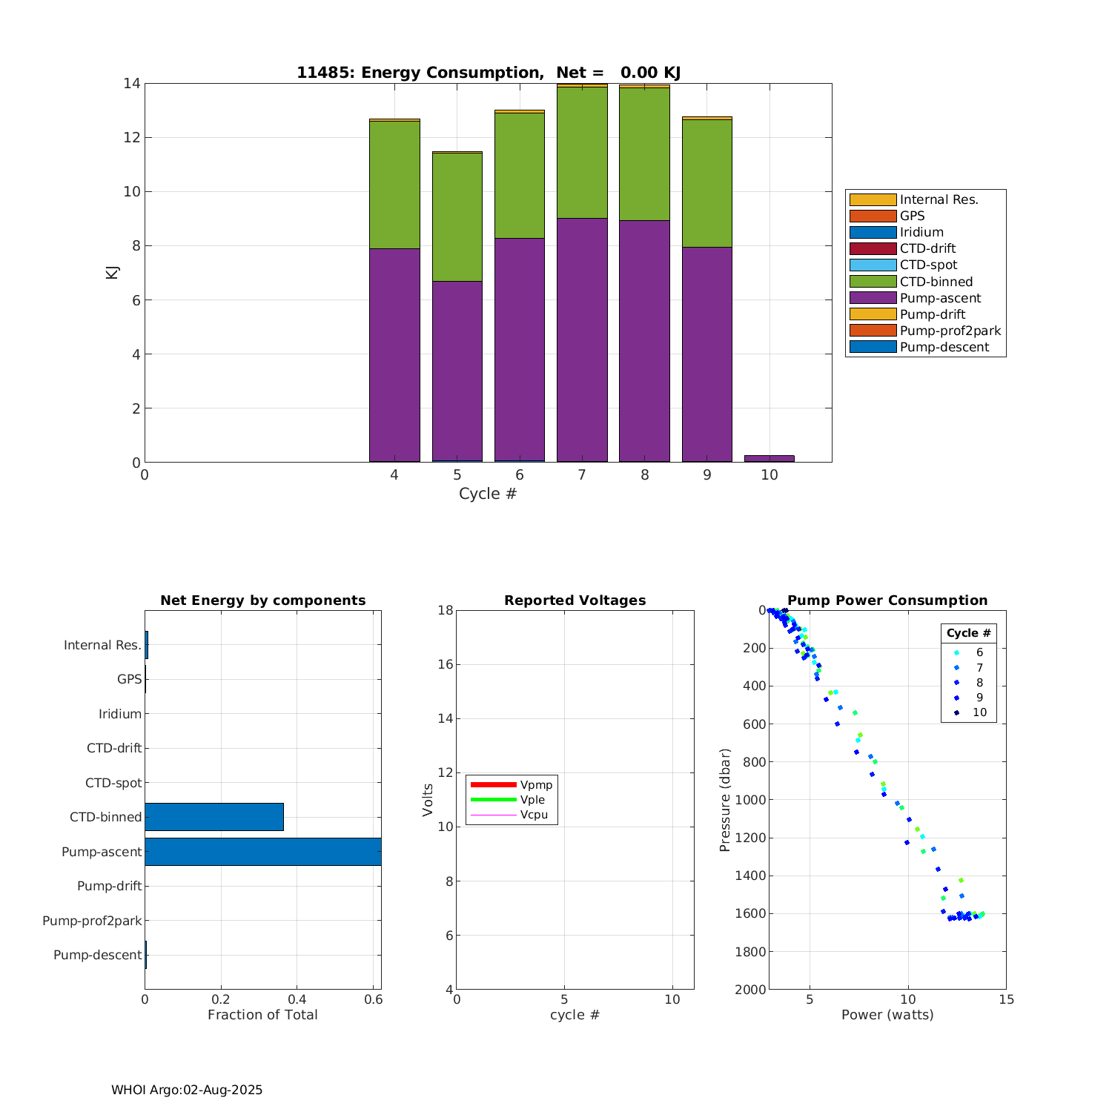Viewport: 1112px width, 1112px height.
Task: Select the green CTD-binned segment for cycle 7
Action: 582,152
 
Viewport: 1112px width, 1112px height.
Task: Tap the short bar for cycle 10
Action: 769,458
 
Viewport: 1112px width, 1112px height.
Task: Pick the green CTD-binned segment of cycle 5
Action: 457,216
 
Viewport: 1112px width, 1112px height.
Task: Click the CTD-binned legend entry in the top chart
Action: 936,282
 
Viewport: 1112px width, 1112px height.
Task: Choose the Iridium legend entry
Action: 921,232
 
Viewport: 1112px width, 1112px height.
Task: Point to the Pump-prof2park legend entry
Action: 950,331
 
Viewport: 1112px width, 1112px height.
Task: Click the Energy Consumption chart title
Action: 489,73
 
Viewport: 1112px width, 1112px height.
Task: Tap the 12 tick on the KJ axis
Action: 131,137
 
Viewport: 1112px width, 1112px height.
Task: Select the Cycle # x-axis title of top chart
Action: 487,494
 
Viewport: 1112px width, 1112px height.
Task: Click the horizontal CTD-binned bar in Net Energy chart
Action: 214,817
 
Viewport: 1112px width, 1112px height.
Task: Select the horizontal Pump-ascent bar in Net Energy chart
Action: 262,852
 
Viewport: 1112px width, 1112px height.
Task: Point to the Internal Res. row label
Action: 102,645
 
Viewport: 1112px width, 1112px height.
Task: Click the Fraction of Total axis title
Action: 262,1015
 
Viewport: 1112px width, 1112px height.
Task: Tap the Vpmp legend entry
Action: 536,785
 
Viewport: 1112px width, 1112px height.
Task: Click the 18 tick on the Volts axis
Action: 445,610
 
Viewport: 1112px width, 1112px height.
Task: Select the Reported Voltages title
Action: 575,600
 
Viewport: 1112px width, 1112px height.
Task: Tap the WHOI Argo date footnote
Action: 187,1090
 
